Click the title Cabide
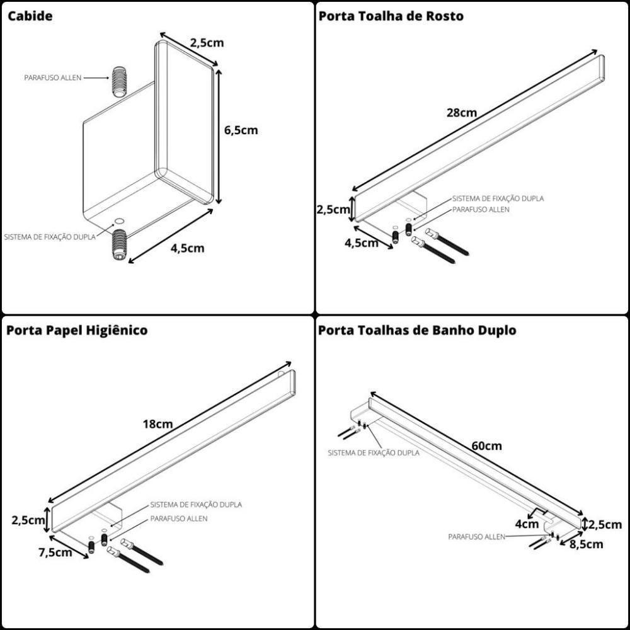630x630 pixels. (x=30, y=16)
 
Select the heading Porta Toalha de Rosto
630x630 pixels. (x=391, y=16)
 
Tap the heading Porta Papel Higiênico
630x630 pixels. (x=77, y=330)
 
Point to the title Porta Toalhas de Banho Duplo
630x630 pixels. (x=417, y=330)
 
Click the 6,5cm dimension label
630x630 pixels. (x=241, y=130)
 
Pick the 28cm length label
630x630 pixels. (x=461, y=113)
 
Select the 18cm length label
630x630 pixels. (x=157, y=424)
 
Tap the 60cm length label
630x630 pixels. (x=486, y=446)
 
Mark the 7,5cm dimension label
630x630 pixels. (x=55, y=553)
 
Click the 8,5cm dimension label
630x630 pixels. (x=586, y=544)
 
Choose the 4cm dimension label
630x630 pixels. (x=527, y=524)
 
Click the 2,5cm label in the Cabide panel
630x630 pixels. (x=207, y=43)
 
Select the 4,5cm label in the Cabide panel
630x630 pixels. (x=187, y=248)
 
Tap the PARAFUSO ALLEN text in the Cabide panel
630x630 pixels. (x=53, y=77)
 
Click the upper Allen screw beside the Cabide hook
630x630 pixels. (x=120, y=81)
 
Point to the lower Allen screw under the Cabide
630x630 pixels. (x=119, y=246)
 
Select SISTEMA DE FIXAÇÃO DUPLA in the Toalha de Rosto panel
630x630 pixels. (x=498, y=198)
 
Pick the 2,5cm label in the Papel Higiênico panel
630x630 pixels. (x=28, y=520)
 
